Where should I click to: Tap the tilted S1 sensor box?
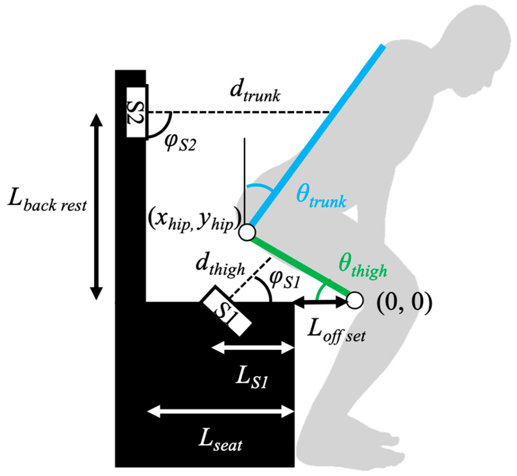[226, 311]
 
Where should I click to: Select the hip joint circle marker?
[247, 232]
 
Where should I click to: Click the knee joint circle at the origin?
[355, 300]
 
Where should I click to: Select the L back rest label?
[48, 202]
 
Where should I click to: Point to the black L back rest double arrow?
[96, 207]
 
